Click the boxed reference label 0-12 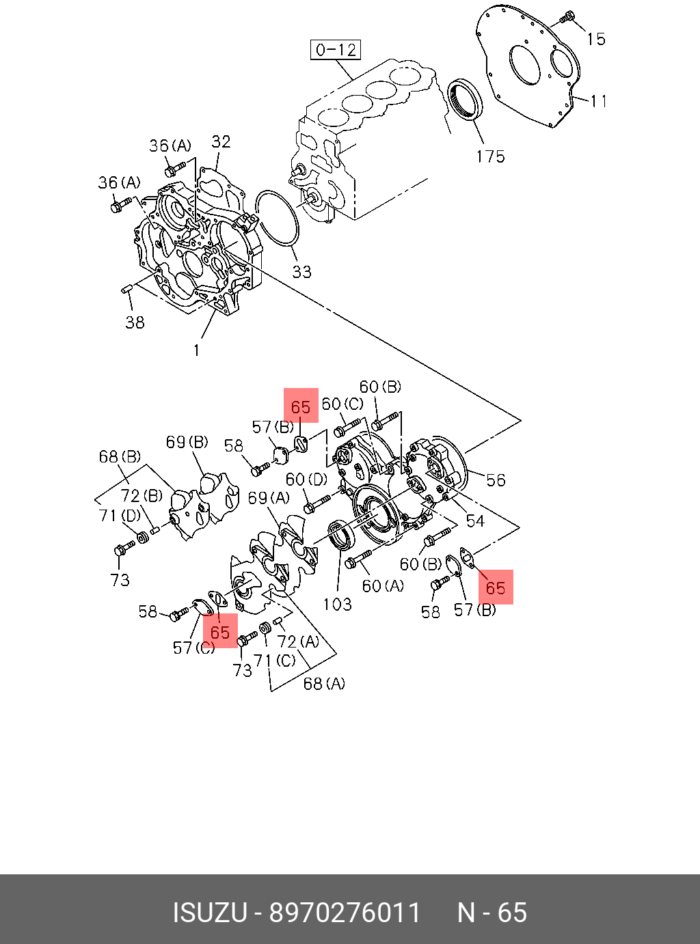(x=336, y=50)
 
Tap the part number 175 (x=490, y=156)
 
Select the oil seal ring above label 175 (x=466, y=99)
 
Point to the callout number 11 (x=600, y=101)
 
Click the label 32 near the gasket (x=221, y=141)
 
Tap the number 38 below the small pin (x=135, y=322)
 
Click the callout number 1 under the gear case (x=197, y=350)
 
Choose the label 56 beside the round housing (x=496, y=480)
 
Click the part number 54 (x=475, y=521)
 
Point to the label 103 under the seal (x=337, y=604)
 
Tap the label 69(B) (x=187, y=443)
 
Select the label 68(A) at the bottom (x=324, y=684)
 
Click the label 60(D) (x=306, y=480)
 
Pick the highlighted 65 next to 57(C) (x=220, y=632)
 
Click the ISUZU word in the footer (x=209, y=913)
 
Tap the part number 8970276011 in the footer (x=345, y=913)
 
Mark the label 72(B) (x=142, y=496)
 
